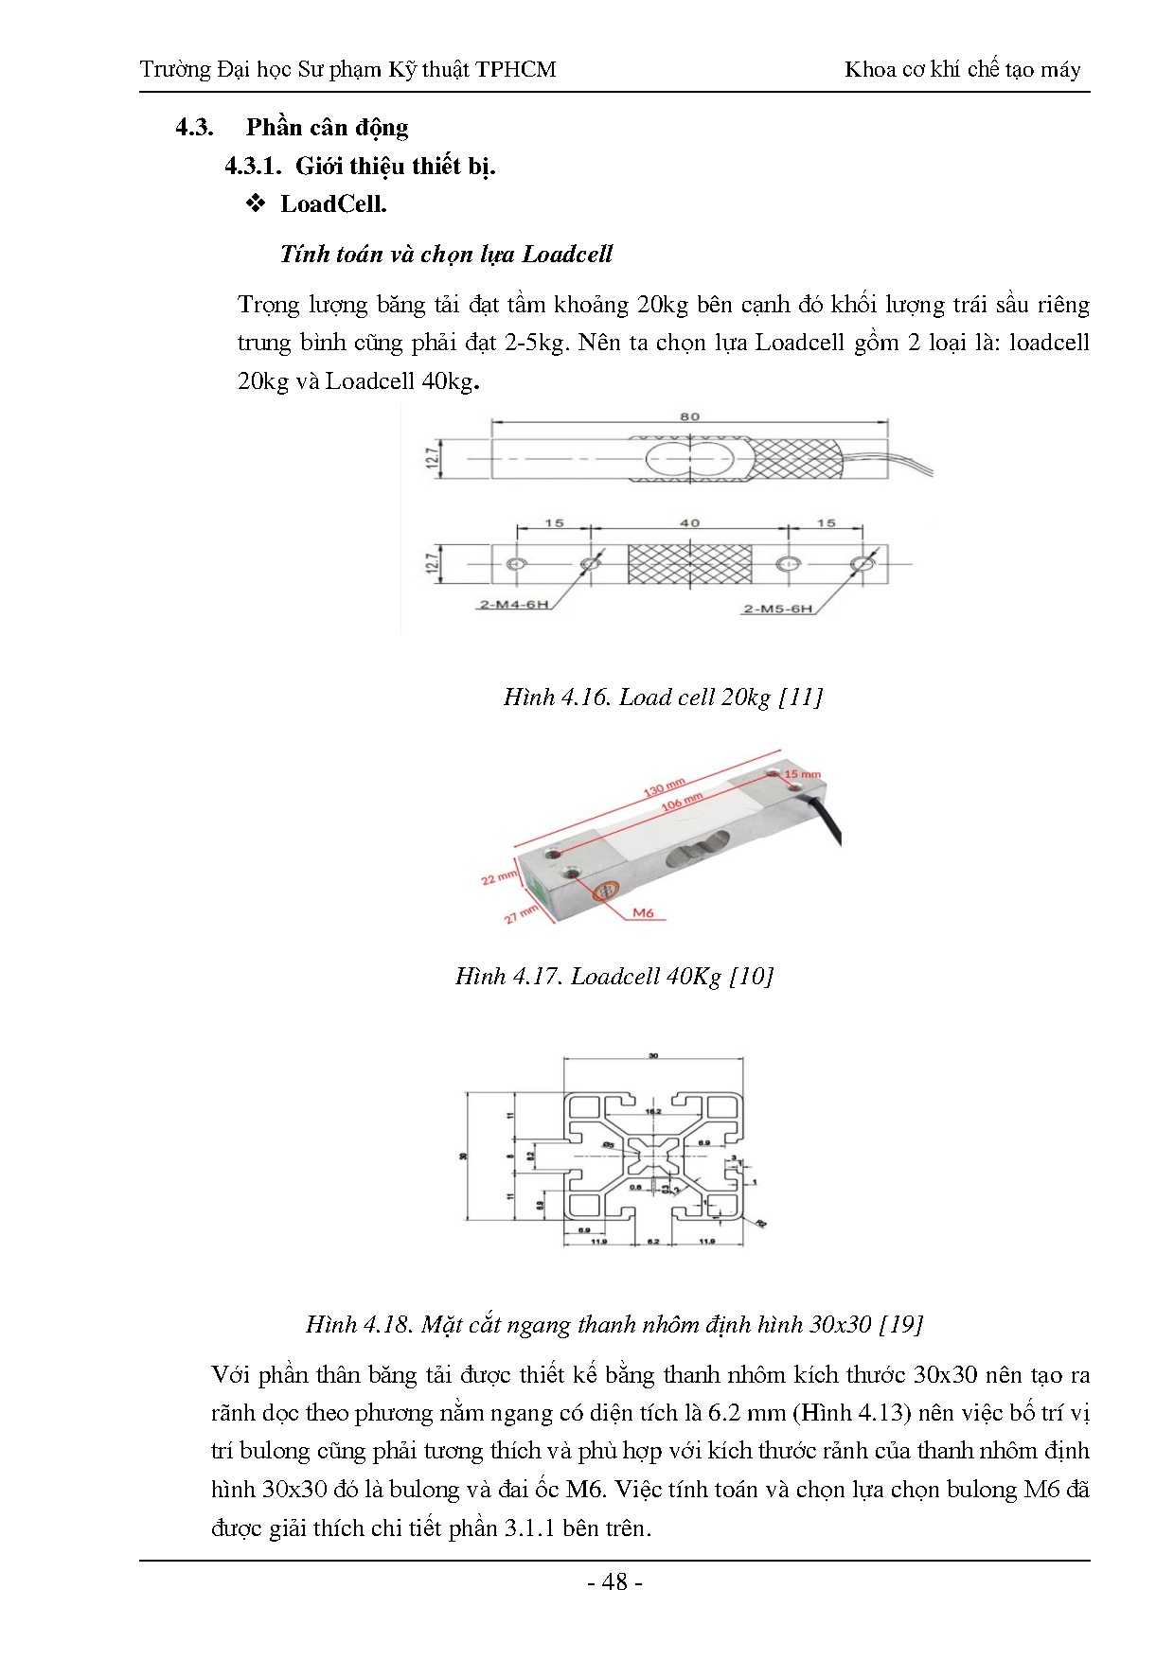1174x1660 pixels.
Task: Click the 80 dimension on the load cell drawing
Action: coord(689,416)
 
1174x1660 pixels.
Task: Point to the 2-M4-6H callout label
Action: coord(514,605)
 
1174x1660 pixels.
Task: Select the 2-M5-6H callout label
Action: coord(777,609)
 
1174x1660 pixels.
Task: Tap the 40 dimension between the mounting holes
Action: coord(690,522)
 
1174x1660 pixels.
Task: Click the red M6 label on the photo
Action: coord(643,913)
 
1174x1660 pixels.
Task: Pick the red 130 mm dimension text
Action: coord(665,787)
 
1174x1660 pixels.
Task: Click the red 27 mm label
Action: coord(520,914)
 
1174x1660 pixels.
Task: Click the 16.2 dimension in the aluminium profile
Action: coord(653,1111)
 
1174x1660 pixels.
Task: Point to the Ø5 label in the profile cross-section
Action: coord(609,1144)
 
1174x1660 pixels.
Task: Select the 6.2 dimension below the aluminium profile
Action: coord(652,1241)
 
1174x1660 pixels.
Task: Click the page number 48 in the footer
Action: coord(614,1581)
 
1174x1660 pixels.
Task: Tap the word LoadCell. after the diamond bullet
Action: coord(333,203)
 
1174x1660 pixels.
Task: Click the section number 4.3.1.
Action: coord(252,167)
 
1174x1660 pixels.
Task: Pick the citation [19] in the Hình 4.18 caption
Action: coord(900,1324)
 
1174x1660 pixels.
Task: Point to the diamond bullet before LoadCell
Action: coord(255,203)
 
